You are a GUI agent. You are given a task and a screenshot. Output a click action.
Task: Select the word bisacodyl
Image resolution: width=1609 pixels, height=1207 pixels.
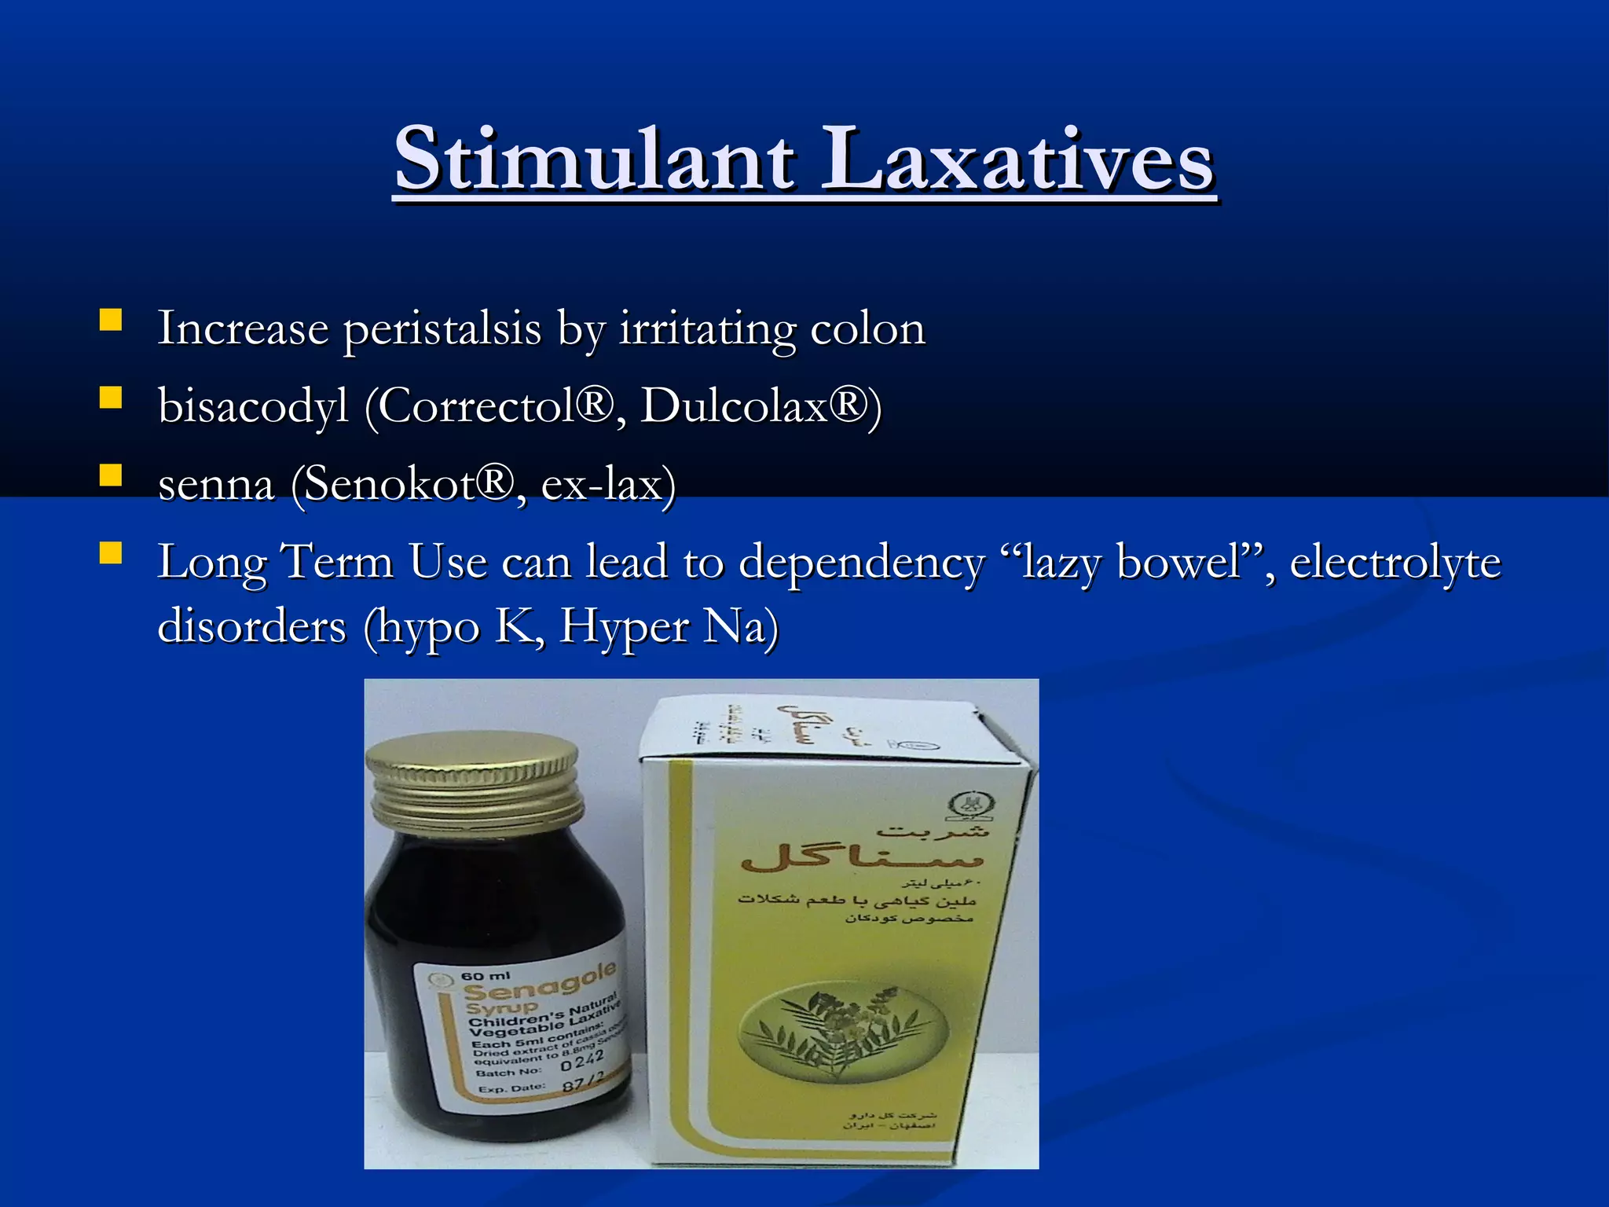pos(253,407)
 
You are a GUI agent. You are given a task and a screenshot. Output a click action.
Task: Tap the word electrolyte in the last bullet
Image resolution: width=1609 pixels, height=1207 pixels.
pos(1395,563)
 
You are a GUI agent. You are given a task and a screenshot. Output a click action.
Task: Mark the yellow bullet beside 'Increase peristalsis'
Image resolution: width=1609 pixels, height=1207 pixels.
pos(110,320)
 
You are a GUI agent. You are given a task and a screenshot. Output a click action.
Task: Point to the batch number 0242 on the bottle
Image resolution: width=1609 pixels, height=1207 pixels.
pos(581,1062)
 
